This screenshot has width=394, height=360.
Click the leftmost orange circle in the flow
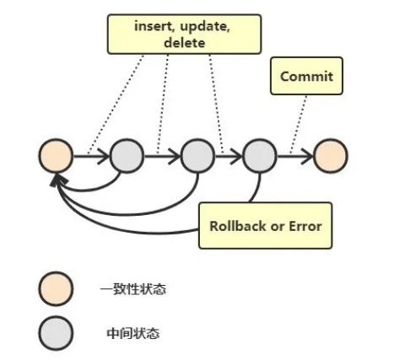[56, 156]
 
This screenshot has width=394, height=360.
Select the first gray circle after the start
[127, 156]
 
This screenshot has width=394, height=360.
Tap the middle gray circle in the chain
[197, 156]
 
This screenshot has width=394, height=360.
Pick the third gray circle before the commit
[259, 156]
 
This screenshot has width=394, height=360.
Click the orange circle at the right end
[329, 156]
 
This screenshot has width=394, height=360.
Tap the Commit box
[306, 77]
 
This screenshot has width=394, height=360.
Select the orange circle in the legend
[56, 289]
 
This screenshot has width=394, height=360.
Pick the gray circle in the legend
[56, 332]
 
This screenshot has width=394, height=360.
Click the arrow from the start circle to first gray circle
[91, 156]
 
